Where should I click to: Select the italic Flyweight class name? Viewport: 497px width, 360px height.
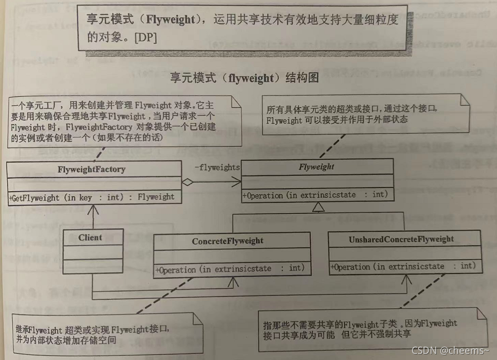(x=316, y=167)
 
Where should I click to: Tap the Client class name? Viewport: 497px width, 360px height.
(x=90, y=237)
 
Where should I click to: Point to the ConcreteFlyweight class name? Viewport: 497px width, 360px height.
(x=227, y=241)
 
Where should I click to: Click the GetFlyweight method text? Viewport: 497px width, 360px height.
(x=92, y=197)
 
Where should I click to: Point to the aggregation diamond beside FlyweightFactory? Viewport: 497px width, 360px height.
(x=188, y=183)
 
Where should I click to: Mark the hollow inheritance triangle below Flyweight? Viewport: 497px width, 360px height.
(x=317, y=206)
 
